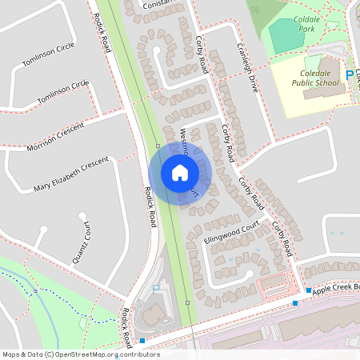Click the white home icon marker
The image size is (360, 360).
(180, 172)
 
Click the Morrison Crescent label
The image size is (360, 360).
(56, 136)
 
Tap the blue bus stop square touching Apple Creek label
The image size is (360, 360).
(309, 290)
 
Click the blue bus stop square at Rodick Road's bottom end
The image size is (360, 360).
(142, 341)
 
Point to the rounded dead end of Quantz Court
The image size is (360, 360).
(82, 215)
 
